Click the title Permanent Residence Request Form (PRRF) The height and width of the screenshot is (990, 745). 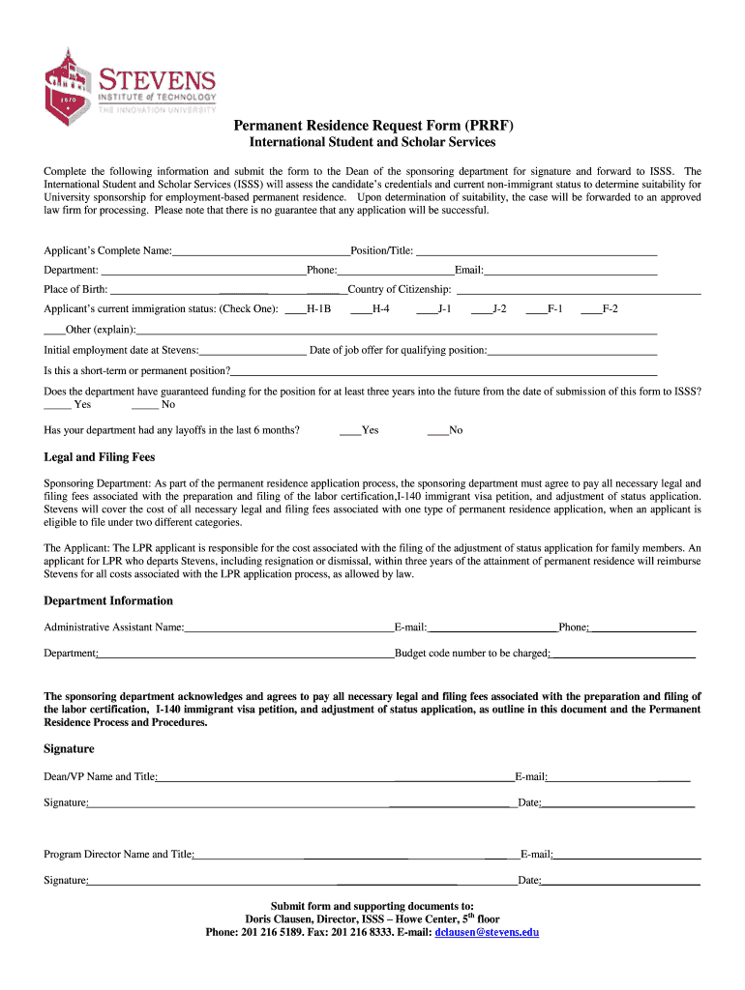372,126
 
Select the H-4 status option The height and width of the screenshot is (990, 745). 360,309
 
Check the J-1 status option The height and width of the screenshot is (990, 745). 427,309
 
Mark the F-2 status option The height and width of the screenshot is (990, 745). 590,309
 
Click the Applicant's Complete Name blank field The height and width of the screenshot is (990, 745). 260,251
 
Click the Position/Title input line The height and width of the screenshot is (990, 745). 536,251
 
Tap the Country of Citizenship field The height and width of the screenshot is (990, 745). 578,290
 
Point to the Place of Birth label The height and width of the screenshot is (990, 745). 75,289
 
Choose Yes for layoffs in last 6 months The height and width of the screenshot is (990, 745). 349,430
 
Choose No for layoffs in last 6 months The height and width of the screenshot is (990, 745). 436,430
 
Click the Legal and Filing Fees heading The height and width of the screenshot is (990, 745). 100,457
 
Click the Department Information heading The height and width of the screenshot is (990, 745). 108,600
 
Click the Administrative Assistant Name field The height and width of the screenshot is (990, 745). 288,628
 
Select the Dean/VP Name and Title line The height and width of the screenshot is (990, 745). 335,777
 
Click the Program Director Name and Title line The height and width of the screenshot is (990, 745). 354,856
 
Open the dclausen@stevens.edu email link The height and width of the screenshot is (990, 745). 487,932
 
